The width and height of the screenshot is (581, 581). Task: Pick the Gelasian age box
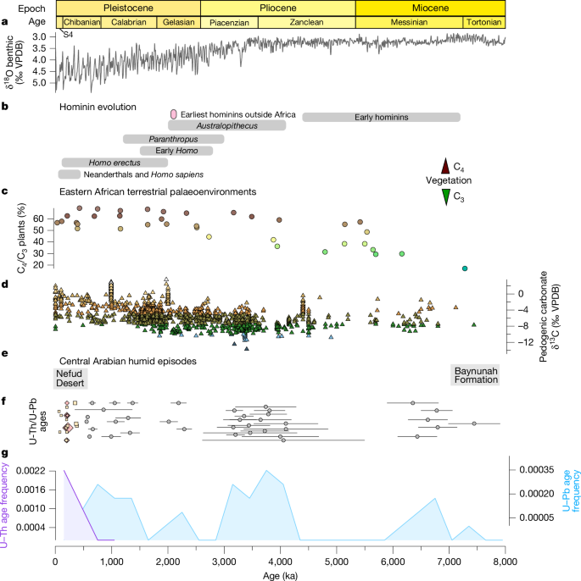pyautogui.click(x=177, y=22)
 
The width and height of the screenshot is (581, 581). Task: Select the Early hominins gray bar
pyautogui.click(x=381, y=117)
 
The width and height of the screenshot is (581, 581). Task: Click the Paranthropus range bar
pyautogui.click(x=166, y=139)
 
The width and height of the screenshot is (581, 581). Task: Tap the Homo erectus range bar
pyautogui.click(x=114, y=162)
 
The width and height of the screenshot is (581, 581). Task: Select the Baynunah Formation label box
pyautogui.click(x=476, y=376)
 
